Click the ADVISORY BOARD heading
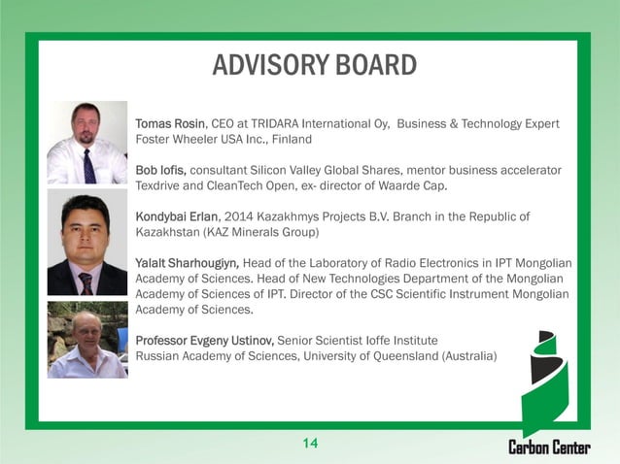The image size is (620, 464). click(314, 65)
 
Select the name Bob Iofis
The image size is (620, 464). click(161, 170)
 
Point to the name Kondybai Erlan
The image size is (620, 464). click(176, 216)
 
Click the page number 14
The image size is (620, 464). click(310, 444)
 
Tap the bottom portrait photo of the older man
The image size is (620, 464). click(87, 339)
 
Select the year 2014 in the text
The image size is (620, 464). click(255, 216)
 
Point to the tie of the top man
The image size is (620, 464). click(89, 165)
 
